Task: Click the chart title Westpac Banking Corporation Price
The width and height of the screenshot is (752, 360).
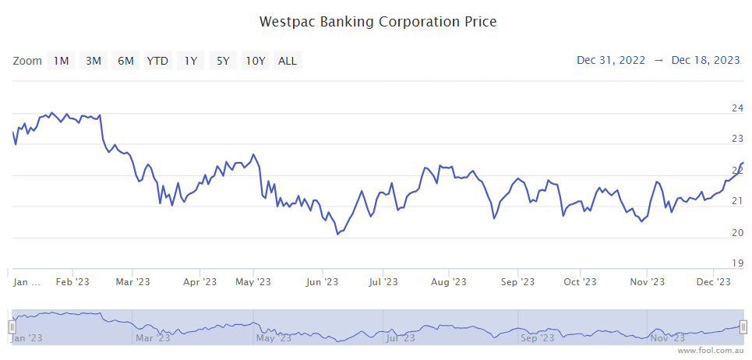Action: click(x=378, y=22)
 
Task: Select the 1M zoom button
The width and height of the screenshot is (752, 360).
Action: click(x=61, y=61)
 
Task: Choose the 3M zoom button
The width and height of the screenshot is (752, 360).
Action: click(x=94, y=61)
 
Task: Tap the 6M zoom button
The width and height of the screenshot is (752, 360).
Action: click(x=125, y=61)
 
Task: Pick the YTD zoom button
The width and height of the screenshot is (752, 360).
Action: click(x=158, y=61)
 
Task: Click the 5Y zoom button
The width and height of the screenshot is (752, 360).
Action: click(x=223, y=61)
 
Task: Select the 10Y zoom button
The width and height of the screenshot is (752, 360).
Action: click(x=255, y=61)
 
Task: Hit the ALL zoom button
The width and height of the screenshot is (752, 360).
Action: click(x=288, y=61)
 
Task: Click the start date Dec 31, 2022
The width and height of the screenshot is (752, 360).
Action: click(x=611, y=60)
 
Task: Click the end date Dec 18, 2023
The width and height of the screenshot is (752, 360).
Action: click(x=705, y=60)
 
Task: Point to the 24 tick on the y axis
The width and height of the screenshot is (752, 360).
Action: click(x=737, y=108)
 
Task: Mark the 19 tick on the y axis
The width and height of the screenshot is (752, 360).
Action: click(x=737, y=263)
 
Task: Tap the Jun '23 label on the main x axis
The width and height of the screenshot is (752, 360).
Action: click(x=322, y=282)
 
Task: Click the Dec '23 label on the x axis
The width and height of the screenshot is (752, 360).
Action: click(x=713, y=282)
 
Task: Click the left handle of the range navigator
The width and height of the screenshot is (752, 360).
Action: click(x=12, y=327)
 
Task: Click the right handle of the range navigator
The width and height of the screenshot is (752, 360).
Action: click(x=743, y=327)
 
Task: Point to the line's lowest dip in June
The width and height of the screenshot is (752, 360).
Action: click(x=337, y=234)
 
